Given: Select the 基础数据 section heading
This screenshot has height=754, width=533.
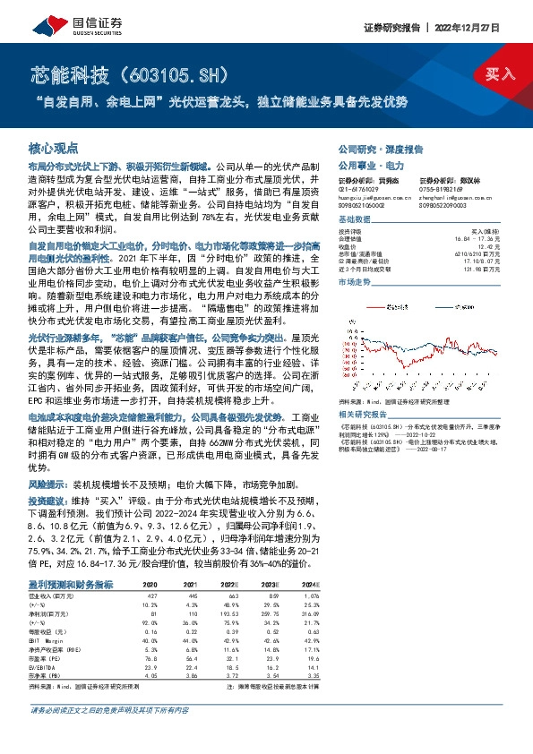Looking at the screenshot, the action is (x=355, y=219).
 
